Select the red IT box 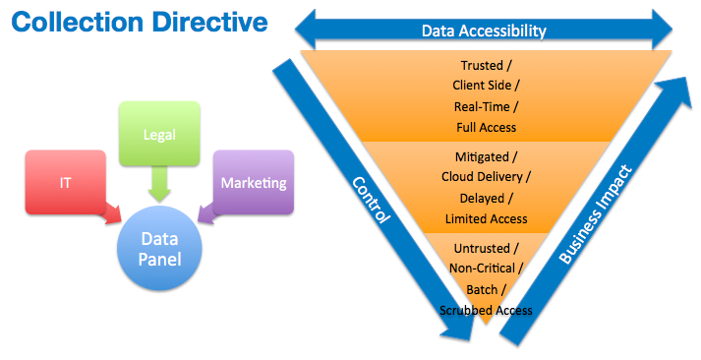coord(65,182)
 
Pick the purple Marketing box coord(253,182)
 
